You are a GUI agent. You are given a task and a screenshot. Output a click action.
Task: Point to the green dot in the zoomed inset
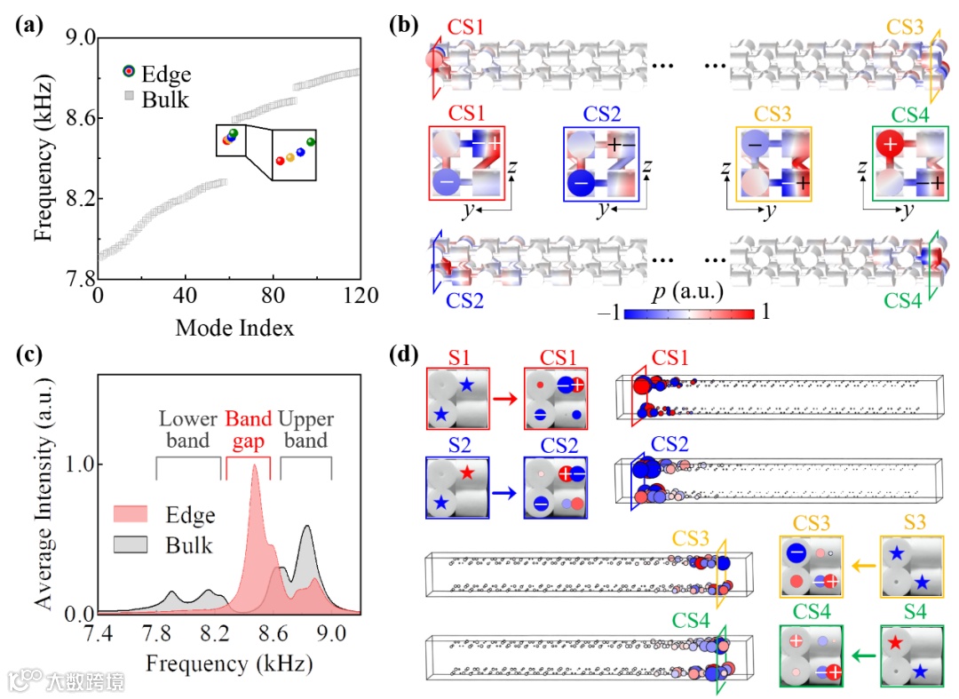(x=311, y=142)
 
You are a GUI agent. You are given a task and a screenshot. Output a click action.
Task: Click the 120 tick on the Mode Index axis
(x=360, y=296)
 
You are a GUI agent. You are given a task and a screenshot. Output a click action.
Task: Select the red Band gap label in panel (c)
(x=248, y=428)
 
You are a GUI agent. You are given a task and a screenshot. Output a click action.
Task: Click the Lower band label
(x=189, y=428)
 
